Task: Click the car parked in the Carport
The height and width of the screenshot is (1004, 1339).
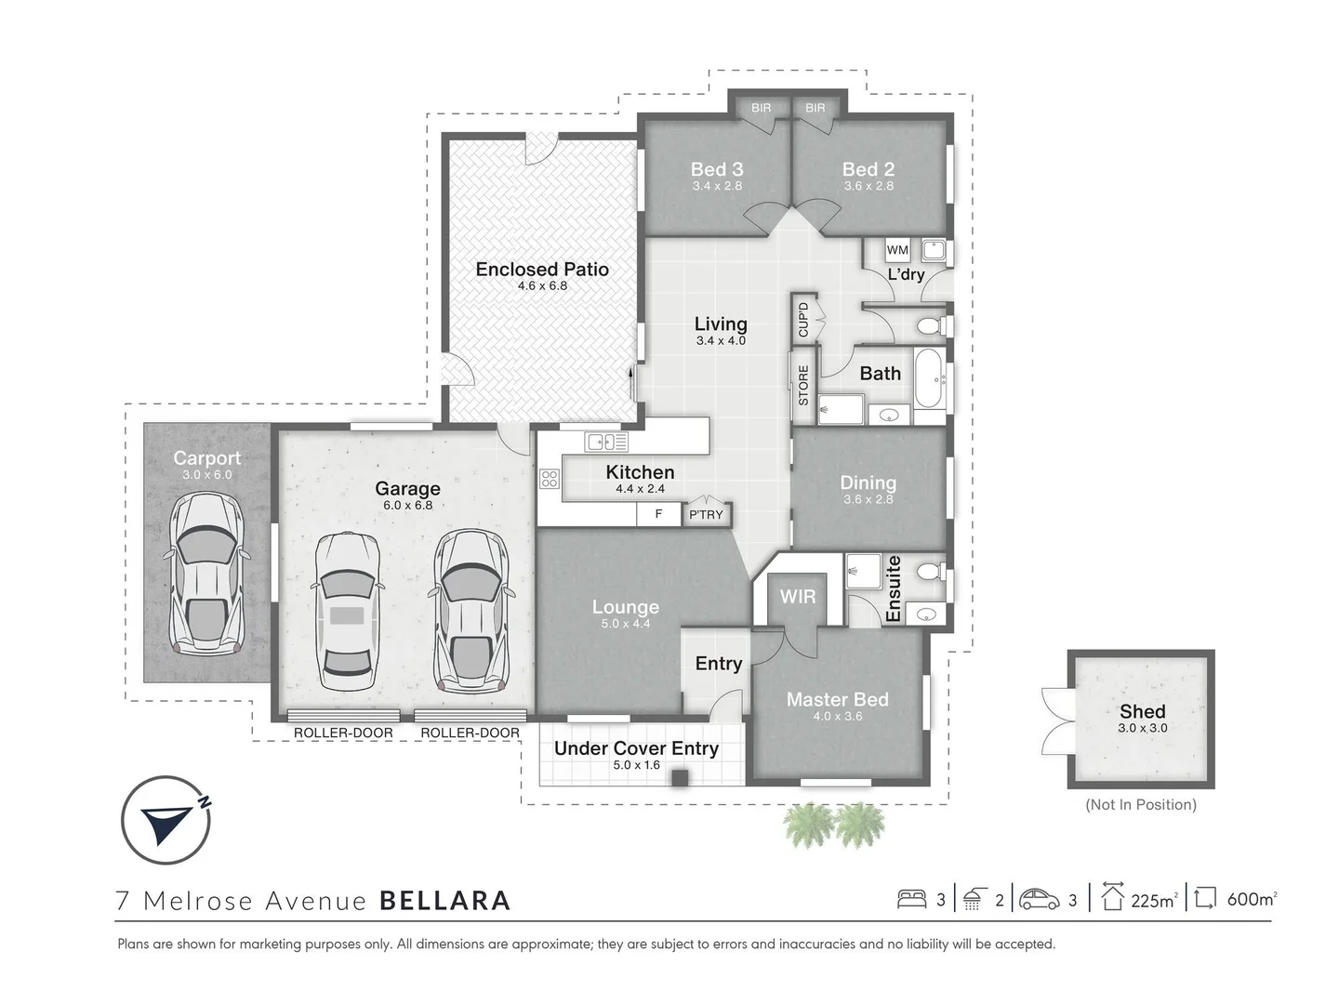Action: pos(206,574)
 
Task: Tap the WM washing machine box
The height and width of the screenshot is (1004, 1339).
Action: pos(896,250)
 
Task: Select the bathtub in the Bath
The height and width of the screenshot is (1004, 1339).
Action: pos(928,378)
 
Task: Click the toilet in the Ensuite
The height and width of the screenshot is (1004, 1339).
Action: pos(932,572)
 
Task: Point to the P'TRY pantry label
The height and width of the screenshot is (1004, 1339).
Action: pos(706,514)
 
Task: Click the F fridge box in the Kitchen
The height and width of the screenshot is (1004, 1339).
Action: pos(658,514)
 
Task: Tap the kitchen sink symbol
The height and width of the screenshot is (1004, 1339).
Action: pos(605,442)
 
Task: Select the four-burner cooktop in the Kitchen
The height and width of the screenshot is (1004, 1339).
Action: pos(549,479)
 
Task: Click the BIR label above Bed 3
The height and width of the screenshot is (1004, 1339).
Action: pos(761,108)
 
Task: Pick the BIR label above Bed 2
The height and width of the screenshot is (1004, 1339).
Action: pos(815,108)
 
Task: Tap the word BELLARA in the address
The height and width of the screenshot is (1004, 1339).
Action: pos(444,901)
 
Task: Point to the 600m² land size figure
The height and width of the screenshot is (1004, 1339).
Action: pos(1252,899)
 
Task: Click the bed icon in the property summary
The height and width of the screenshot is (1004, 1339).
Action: pos(911,899)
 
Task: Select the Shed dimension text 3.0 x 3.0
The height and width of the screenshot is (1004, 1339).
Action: pos(1143,728)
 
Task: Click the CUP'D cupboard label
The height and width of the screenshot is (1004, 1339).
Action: pos(803,320)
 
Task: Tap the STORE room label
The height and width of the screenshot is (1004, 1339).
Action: pos(803,385)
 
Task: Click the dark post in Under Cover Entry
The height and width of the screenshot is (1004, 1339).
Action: pos(680,778)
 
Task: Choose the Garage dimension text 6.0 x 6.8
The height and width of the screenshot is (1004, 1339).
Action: pos(407,506)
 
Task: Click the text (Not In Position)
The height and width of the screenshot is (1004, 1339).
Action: pos(1141,805)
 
